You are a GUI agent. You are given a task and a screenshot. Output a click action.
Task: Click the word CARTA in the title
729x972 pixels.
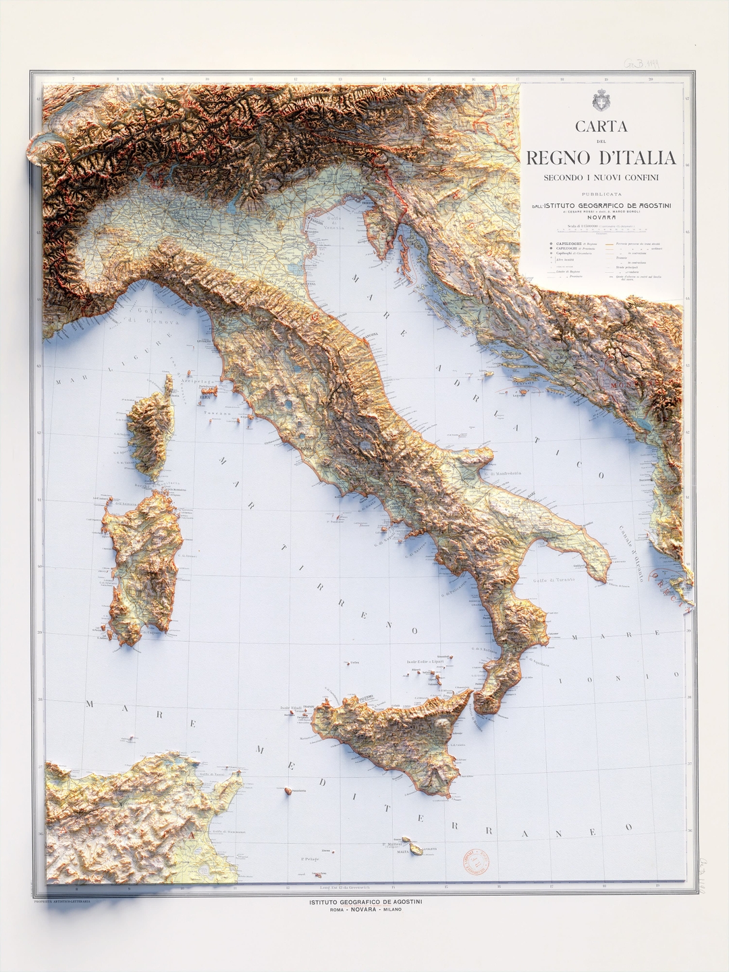[x=601, y=126]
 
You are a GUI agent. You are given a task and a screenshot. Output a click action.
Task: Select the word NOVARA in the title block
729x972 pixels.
[x=601, y=217]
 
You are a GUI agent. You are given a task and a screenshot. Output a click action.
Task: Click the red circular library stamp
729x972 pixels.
[x=477, y=861]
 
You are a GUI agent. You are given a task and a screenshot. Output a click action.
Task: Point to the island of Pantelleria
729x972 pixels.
[x=289, y=790]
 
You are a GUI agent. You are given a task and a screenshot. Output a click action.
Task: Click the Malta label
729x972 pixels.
[x=403, y=852]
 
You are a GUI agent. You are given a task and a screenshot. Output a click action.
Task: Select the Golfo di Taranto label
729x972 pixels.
[x=553, y=580]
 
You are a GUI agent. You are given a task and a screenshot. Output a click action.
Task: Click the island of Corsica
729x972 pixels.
[x=150, y=432]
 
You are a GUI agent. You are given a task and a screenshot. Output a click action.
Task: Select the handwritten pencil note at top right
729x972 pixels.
[x=641, y=64]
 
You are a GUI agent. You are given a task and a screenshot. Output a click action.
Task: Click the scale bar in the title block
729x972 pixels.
[x=601, y=230]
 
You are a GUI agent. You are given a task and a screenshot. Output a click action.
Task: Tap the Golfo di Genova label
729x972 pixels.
[x=159, y=316]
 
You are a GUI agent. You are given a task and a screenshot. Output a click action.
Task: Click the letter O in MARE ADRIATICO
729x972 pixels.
[x=601, y=475]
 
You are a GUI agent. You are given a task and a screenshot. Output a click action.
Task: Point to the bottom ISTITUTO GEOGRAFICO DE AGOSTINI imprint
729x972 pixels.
[x=365, y=902]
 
